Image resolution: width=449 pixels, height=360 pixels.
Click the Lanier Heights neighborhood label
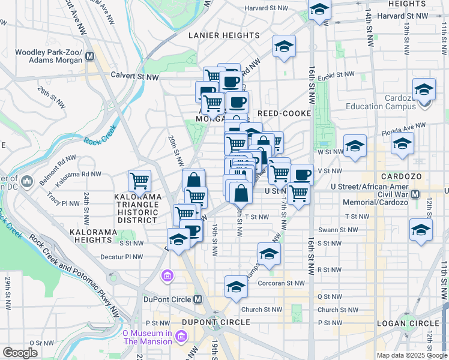(224, 35)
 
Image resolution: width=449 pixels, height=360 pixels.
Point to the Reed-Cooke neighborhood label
(285, 113)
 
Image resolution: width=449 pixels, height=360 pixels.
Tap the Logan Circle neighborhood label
(400, 323)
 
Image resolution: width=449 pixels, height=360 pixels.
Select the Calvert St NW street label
(135, 76)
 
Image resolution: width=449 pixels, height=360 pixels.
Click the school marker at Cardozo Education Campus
(424, 90)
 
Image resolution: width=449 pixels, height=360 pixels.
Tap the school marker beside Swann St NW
(421, 230)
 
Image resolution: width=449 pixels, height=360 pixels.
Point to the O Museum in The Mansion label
(147, 337)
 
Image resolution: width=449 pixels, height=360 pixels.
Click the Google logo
(20, 353)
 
